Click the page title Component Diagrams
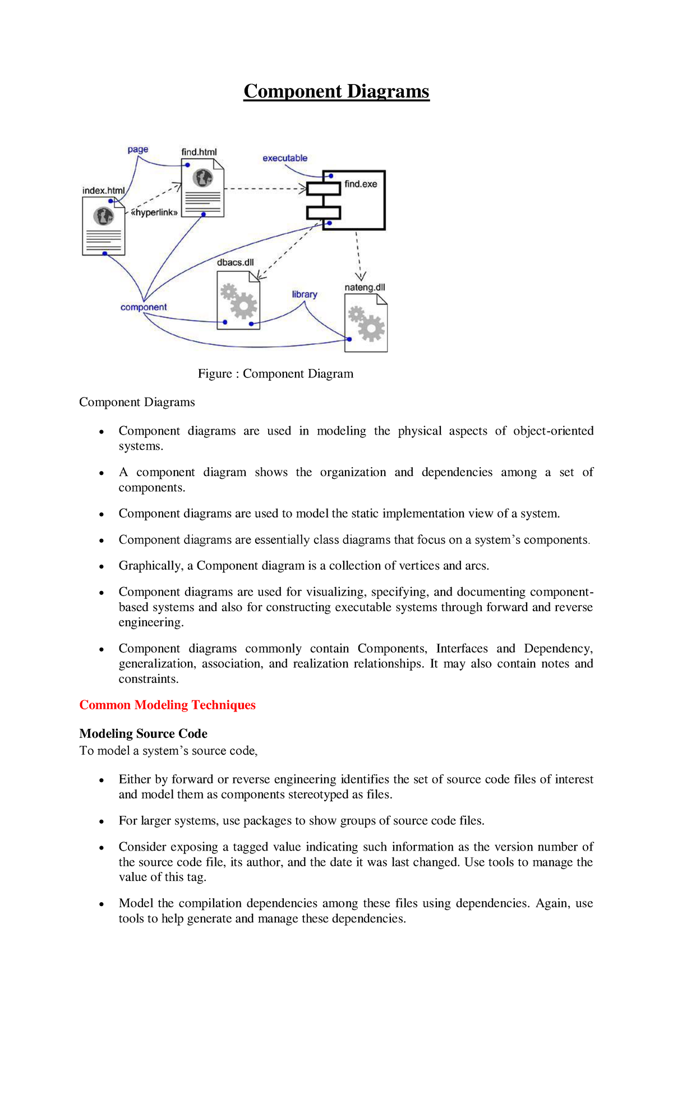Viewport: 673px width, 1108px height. click(336, 91)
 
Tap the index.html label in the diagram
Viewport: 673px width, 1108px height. click(103, 191)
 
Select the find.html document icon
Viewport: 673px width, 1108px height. click(202, 188)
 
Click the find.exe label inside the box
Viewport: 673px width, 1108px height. click(361, 184)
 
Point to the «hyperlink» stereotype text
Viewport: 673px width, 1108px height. click(154, 213)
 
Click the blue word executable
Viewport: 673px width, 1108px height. click(285, 158)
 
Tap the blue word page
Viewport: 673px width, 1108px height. click(137, 149)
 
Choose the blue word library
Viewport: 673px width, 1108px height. click(305, 294)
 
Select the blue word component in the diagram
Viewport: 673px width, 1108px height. click(144, 307)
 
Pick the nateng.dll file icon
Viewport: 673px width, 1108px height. click(366, 324)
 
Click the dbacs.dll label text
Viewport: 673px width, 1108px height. click(235, 262)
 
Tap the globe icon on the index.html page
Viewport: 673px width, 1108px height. click(103, 216)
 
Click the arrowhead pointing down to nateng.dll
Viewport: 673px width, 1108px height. click(361, 276)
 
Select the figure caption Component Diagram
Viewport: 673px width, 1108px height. click(275, 374)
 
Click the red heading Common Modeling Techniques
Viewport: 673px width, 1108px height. click(167, 705)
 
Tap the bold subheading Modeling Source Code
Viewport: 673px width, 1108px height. click(143, 733)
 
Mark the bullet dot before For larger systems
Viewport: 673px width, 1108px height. click(102, 821)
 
